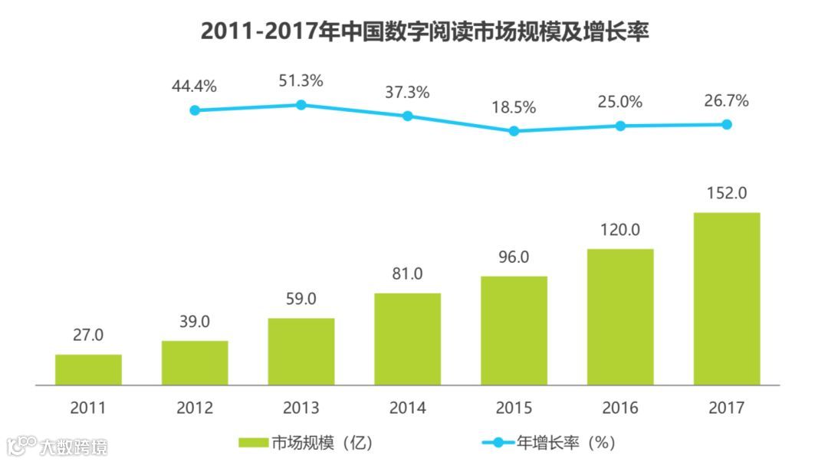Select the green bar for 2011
[x=88, y=369]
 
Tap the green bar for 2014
[x=407, y=339]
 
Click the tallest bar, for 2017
[x=727, y=299]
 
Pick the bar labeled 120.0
[x=620, y=316]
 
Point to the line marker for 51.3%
[x=301, y=104]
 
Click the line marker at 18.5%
[x=514, y=131]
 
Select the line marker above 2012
[x=195, y=110]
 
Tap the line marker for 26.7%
[x=727, y=124]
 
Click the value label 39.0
[x=195, y=322]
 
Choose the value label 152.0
[x=727, y=193]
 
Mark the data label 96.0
[x=514, y=257]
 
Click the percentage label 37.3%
[x=407, y=92]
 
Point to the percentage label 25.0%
[x=620, y=101]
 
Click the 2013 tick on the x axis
[x=301, y=408]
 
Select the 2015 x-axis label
[x=514, y=408]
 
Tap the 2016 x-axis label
[x=620, y=408]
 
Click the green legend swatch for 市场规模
[x=253, y=443]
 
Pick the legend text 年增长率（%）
[x=565, y=443]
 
